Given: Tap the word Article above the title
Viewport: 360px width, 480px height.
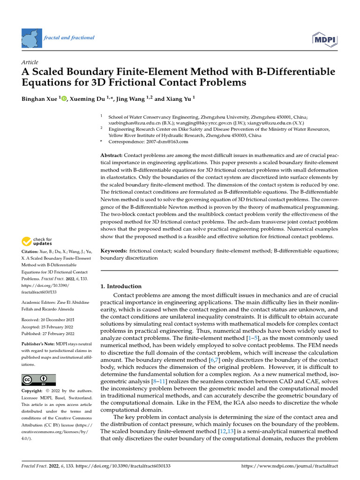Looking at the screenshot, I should pyautogui.click(x=30, y=62).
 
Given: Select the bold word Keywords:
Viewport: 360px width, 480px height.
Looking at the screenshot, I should pyautogui.click(x=114, y=251).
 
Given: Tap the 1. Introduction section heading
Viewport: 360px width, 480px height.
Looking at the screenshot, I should pyautogui.click(x=121, y=286).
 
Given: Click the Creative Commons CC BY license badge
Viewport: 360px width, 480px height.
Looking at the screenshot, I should pyautogui.click(x=38, y=380).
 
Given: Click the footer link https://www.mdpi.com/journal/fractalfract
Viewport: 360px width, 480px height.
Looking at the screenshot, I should pyautogui.click(x=290, y=466).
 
